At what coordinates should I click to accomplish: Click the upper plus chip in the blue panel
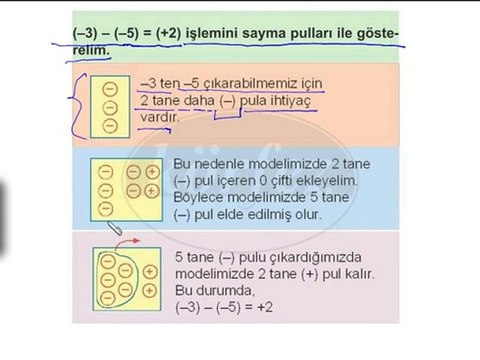click(152, 172)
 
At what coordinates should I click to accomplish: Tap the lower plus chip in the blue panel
click(152, 192)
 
